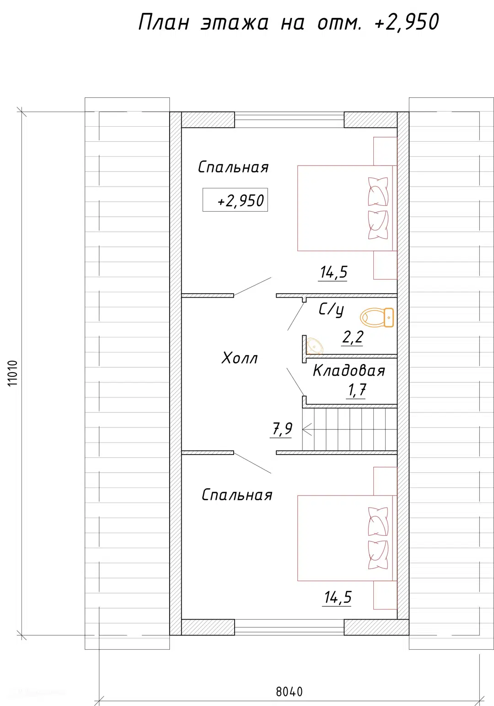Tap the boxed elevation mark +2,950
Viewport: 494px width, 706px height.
(235, 200)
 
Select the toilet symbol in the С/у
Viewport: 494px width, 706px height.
(377, 317)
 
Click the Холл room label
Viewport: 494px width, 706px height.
(240, 358)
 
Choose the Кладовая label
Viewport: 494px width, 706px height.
(349, 370)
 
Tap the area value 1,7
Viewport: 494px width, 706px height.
(357, 390)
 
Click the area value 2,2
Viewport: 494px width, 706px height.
(353, 337)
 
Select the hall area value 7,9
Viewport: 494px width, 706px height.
(282, 429)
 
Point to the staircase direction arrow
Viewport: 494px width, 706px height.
(307, 429)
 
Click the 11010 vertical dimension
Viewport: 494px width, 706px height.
(13, 374)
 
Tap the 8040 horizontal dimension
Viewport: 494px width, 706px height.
(289, 692)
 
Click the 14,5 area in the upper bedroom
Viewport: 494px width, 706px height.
(333, 273)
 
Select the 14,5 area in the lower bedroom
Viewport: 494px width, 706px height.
(338, 598)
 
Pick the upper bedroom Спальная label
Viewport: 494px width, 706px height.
(233, 167)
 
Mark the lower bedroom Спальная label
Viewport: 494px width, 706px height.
(237, 495)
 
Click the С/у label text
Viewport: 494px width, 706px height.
(331, 310)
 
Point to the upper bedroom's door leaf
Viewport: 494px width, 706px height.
(252, 287)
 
